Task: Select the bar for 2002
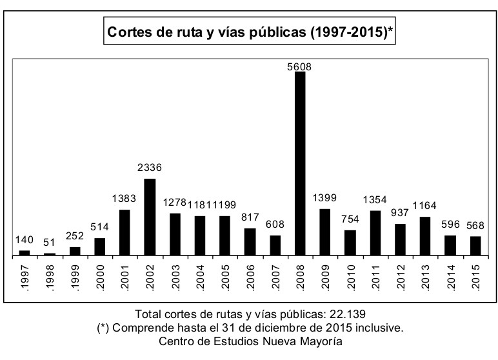pyautogui.click(x=150, y=217)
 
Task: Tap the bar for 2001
pyautogui.click(x=124, y=232)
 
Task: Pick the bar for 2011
pyautogui.click(x=375, y=232)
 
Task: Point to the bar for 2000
pyautogui.click(x=99, y=246)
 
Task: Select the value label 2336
pyautogui.click(x=149, y=168)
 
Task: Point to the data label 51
pyautogui.click(x=50, y=242)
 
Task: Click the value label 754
pyautogui.click(x=350, y=219)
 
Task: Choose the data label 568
pyautogui.click(x=476, y=225)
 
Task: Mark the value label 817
pyautogui.click(x=250, y=217)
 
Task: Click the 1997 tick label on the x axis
pyautogui.click(x=25, y=276)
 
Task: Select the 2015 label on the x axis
pyautogui.click(x=476, y=276)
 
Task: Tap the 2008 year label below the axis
pyautogui.click(x=300, y=276)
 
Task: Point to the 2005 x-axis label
pyautogui.click(x=225, y=276)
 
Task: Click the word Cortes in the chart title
pyautogui.click(x=130, y=32)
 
